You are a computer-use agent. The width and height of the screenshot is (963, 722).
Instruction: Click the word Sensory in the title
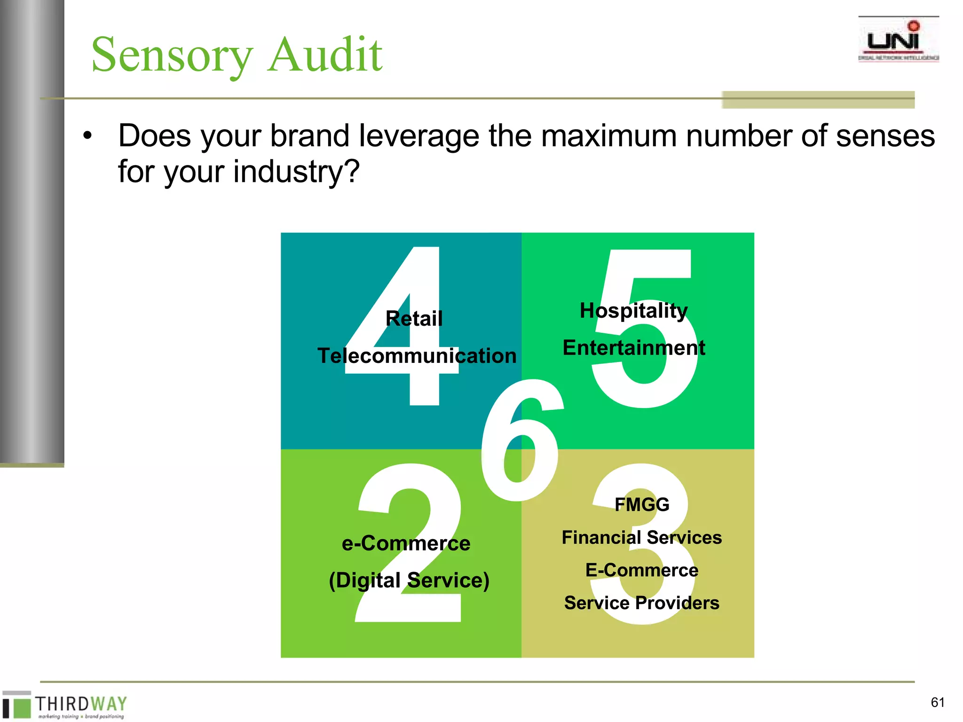click(x=172, y=55)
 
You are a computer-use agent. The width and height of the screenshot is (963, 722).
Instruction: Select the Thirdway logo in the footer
click(x=66, y=705)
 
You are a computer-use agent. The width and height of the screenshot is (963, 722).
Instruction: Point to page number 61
click(x=938, y=702)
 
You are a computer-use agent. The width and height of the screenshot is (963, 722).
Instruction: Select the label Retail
click(x=414, y=319)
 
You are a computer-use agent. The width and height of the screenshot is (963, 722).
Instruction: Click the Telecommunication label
click(x=417, y=355)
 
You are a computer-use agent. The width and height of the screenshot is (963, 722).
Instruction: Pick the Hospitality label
click(x=633, y=311)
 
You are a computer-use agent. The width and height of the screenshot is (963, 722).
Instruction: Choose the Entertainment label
click(x=633, y=348)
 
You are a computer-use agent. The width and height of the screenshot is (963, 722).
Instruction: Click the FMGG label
click(x=642, y=504)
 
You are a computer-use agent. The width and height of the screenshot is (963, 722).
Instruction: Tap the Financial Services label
click(x=641, y=537)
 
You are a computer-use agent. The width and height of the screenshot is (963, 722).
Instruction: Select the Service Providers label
click(x=641, y=603)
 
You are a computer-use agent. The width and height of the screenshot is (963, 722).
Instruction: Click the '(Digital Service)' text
click(x=409, y=580)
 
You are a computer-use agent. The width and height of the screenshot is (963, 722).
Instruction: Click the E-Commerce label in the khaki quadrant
click(x=641, y=570)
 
